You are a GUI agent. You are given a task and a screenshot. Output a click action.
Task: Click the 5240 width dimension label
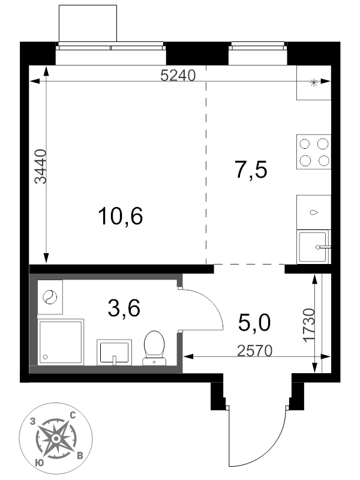click(178, 76)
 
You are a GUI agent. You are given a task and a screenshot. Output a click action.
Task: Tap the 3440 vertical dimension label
click(40, 167)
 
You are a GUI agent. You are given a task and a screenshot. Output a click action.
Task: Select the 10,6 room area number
click(121, 216)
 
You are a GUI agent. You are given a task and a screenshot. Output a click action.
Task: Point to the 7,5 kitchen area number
click(251, 170)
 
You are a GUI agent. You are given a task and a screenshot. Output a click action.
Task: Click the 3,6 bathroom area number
click(124, 308)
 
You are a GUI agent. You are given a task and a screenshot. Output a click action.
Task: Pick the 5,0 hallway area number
click(254, 323)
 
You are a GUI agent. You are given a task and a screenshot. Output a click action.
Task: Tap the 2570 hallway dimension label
click(254, 351)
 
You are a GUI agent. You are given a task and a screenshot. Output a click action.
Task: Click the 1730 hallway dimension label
click(309, 325)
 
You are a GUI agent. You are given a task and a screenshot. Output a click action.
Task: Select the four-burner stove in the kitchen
click(314, 152)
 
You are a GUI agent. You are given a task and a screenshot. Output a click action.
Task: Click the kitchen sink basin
click(313, 247)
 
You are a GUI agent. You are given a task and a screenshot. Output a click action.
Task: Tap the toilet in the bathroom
click(154, 348)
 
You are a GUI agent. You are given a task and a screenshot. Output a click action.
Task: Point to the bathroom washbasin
click(114, 352)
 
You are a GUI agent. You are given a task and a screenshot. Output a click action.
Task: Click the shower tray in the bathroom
click(61, 342)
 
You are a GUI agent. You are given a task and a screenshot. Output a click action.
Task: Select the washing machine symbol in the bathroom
click(50, 297)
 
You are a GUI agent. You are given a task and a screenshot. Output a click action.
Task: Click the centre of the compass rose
click(56, 439)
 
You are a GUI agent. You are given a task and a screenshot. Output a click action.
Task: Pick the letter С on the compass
click(73, 416)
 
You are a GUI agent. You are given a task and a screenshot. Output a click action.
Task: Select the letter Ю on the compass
click(39, 462)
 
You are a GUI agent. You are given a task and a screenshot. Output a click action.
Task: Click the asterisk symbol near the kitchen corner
click(314, 83)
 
